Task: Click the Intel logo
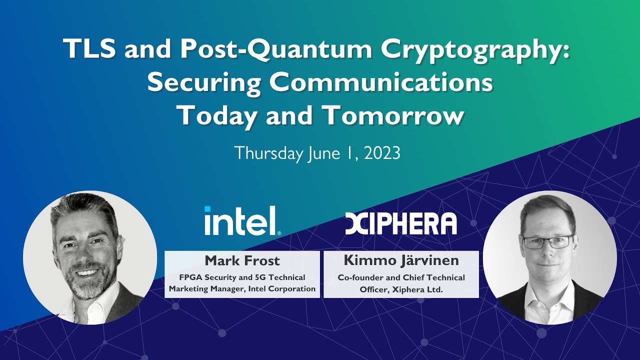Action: [x=242, y=221]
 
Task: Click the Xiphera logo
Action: [x=401, y=223]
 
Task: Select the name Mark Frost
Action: [x=242, y=260]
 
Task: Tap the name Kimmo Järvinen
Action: [x=401, y=260]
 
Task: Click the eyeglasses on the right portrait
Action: [x=548, y=241]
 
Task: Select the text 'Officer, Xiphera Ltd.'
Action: [x=401, y=288]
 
